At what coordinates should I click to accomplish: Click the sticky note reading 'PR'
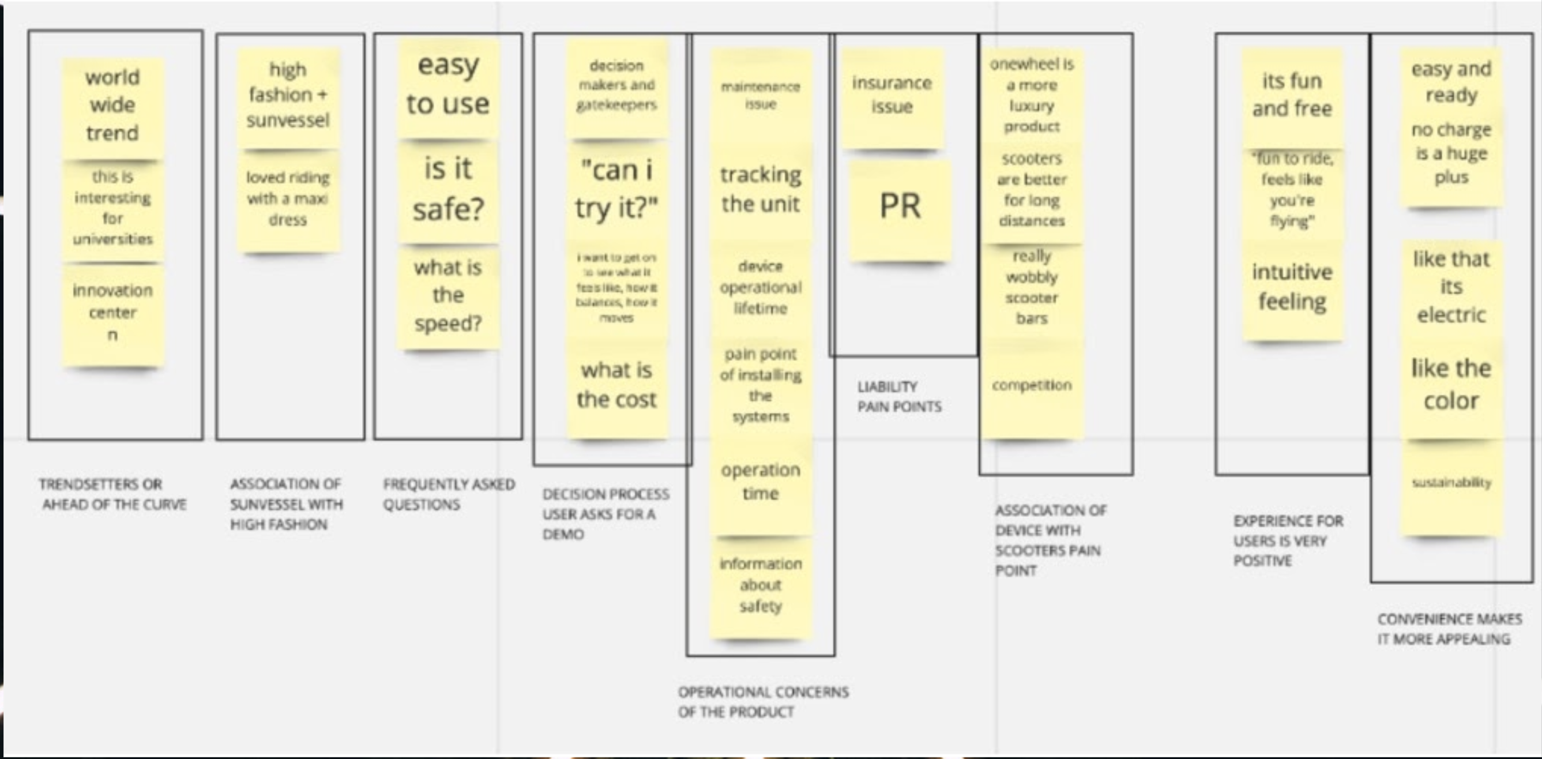tap(900, 207)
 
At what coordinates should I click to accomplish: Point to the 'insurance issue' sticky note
tap(892, 96)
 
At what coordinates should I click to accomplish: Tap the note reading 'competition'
tap(1032, 386)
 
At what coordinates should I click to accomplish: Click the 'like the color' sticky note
tap(1451, 385)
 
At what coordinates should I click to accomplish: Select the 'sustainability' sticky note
tap(1451, 484)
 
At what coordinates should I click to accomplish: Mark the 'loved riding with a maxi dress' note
tap(288, 199)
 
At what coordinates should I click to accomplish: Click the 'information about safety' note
tap(760, 585)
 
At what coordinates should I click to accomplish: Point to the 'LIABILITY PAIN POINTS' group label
tap(898, 397)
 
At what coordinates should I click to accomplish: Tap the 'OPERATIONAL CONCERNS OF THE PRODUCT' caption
tap(764, 701)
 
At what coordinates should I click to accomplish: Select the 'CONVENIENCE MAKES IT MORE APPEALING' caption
tap(1449, 629)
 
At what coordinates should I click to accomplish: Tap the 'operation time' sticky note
tap(760, 482)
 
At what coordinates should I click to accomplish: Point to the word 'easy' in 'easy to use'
tap(447, 65)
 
